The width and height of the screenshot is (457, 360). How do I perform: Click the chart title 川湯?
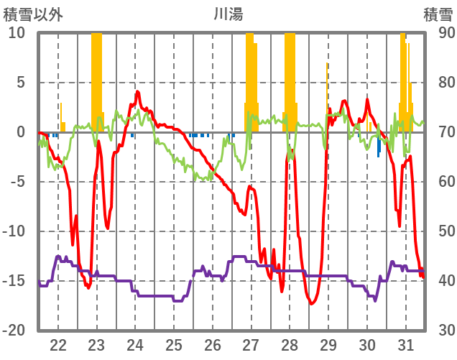coord(229,13)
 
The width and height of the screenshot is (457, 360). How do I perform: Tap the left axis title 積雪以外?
coord(32,13)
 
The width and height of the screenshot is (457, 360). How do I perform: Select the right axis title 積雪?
coord(436,13)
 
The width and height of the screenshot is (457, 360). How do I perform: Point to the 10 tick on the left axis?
coord(17,33)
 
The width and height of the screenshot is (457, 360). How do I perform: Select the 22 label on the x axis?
coord(58,343)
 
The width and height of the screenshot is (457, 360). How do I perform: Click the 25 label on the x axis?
coord(174,343)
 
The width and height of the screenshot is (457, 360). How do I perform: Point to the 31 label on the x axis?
coord(406,343)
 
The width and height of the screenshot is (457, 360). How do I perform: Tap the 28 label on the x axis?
coord(290,343)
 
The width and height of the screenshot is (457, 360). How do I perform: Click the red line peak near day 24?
coord(137,92)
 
